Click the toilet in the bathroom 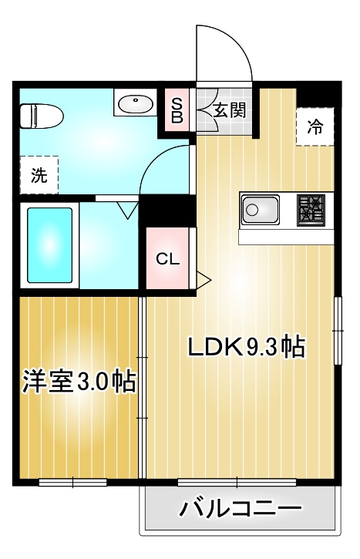40,116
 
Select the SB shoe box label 177,110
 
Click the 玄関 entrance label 229,110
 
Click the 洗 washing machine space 39,174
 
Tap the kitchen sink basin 260,208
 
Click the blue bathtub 50,244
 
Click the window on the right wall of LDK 338,330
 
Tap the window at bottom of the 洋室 72,483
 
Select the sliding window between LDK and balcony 238,483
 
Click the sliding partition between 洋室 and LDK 143,386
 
